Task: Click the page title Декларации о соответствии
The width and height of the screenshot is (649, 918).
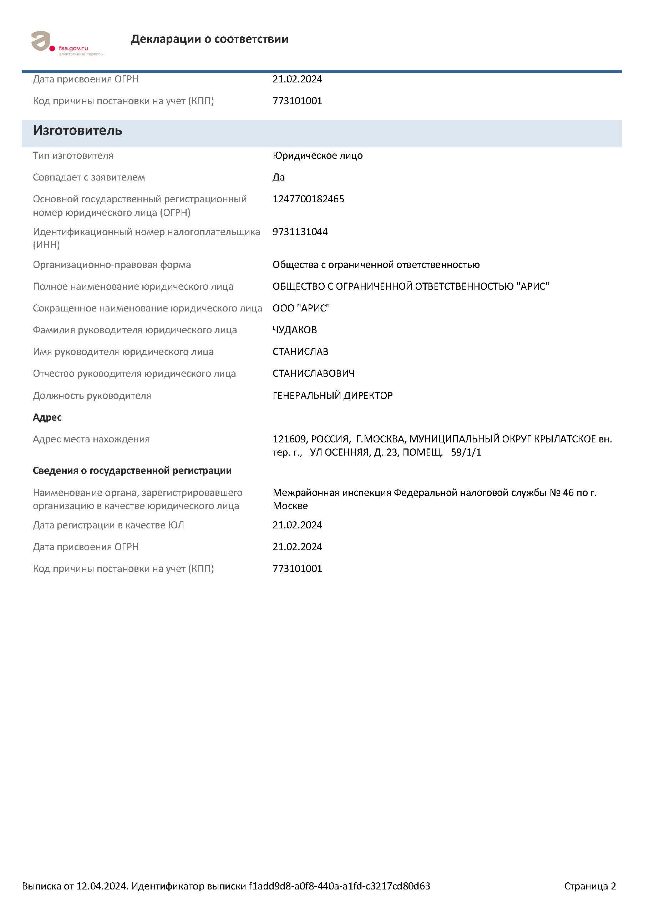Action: click(209, 39)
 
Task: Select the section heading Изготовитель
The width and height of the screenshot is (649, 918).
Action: click(77, 131)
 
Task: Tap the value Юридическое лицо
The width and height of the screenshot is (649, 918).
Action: click(318, 156)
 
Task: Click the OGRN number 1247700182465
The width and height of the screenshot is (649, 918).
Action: click(308, 199)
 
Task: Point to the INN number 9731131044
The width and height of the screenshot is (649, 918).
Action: click(300, 232)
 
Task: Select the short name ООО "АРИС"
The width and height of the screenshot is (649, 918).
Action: click(301, 308)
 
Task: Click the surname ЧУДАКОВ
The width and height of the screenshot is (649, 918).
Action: click(295, 330)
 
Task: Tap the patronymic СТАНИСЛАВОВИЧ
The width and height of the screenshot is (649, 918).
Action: click(314, 374)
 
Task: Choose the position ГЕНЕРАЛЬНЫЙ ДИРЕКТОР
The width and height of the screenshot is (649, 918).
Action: click(333, 395)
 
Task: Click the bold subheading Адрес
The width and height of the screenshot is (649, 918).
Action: click(47, 417)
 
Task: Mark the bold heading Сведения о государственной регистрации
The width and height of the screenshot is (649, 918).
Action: click(132, 471)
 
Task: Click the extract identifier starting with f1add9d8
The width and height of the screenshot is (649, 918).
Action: click(339, 886)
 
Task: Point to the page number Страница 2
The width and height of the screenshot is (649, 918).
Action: click(590, 886)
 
